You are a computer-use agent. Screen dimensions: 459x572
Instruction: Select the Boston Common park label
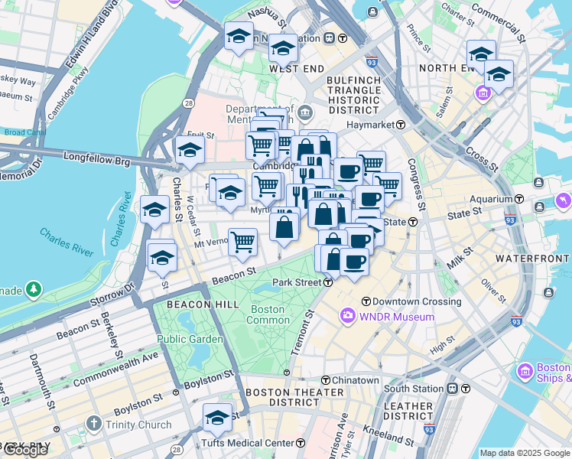(267, 314)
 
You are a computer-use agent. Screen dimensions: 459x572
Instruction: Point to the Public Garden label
(190, 339)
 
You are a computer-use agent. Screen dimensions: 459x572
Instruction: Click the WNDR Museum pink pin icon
(348, 316)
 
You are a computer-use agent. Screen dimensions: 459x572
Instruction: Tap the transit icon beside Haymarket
(401, 125)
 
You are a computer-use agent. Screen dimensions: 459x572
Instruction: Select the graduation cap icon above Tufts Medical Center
(217, 418)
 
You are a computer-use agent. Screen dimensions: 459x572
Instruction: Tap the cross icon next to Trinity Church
(93, 425)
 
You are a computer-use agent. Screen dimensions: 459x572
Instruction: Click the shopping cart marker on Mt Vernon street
(242, 243)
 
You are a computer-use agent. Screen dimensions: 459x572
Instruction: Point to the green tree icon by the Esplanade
(33, 289)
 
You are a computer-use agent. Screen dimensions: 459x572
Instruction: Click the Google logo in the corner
(25, 450)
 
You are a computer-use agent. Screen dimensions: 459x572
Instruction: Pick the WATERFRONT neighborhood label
(532, 259)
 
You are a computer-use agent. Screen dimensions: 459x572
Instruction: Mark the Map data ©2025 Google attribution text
(525, 453)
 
